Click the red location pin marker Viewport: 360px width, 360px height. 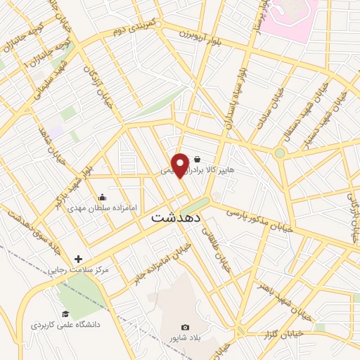[x=181, y=164]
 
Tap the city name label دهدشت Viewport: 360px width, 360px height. [x=171, y=218]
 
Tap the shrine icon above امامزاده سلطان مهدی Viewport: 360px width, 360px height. [x=103, y=198]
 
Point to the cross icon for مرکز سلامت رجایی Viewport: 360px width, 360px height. [x=78, y=259]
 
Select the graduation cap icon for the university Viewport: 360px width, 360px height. [x=65, y=314]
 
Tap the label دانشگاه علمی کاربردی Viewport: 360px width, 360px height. [x=65, y=325]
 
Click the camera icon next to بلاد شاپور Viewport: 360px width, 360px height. [x=185, y=327]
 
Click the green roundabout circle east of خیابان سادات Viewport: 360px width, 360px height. [x=280, y=153]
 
